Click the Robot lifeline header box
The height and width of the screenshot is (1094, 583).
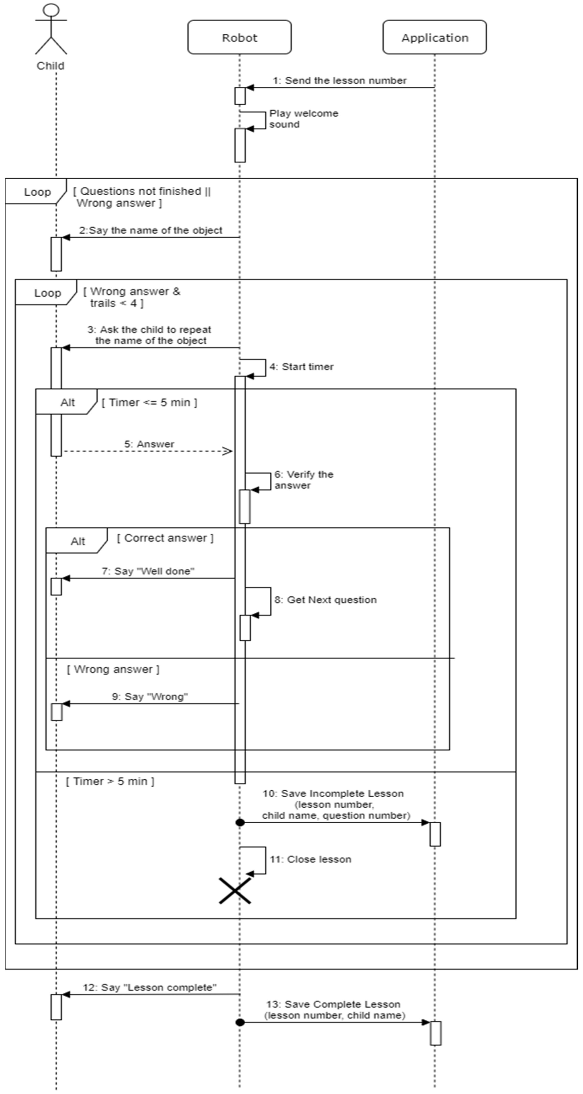tap(239, 37)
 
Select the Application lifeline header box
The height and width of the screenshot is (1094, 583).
tap(434, 37)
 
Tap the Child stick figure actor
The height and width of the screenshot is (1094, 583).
tap(51, 30)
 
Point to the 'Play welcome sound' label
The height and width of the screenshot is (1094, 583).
tap(303, 119)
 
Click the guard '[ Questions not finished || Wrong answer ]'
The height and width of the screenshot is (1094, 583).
tap(142, 197)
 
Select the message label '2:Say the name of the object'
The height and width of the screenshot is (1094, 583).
tap(150, 230)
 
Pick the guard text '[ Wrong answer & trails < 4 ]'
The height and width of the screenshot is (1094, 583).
tap(132, 297)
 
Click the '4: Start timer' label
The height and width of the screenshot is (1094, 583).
tap(301, 366)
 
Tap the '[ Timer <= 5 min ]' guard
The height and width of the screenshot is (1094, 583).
tap(149, 402)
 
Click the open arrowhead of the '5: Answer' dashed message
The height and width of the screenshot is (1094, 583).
tap(228, 451)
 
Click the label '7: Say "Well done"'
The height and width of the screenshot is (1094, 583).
tap(148, 571)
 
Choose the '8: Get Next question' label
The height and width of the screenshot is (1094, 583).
tap(325, 600)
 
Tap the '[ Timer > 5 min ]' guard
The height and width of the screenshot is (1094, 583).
tap(110, 781)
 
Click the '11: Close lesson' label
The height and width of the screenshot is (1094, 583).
tap(311, 859)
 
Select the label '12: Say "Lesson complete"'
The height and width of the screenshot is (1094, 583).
tap(149, 987)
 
